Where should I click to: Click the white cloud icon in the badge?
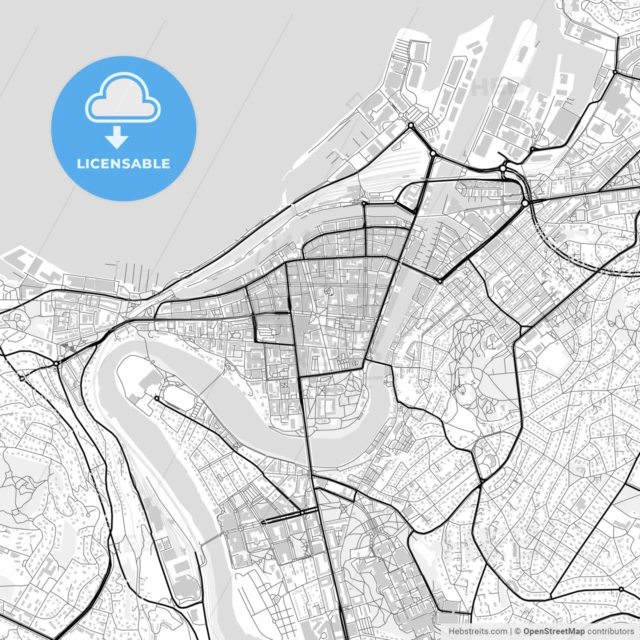[x=123, y=100]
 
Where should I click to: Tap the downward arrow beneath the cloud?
[x=117, y=137]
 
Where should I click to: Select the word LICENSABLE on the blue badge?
[x=123, y=164]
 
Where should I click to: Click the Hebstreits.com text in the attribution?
[x=477, y=631]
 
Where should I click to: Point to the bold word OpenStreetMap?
[x=554, y=631]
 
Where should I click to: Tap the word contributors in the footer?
[x=610, y=631]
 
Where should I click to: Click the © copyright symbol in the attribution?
[x=518, y=631]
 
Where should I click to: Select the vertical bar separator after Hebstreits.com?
[x=510, y=631]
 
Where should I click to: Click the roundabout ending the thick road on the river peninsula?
[x=156, y=398]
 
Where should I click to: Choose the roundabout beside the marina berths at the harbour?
[x=411, y=125]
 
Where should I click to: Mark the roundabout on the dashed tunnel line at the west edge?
[x=22, y=378]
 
